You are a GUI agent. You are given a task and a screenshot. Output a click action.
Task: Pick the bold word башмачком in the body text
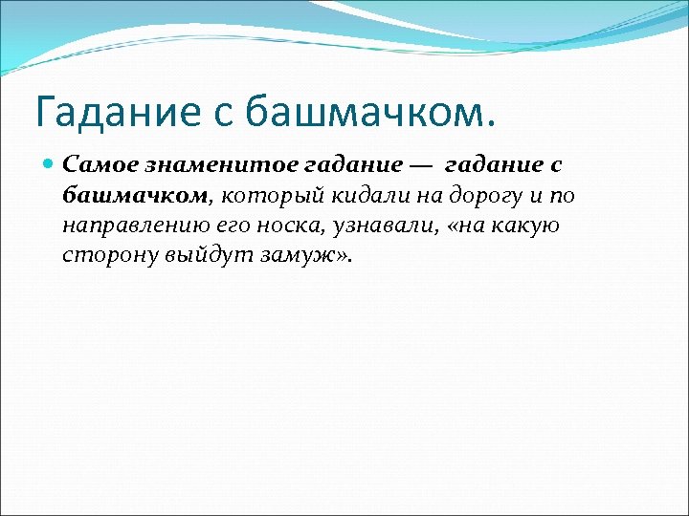tap(134, 196)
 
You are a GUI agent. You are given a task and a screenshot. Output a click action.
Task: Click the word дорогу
tap(479, 196)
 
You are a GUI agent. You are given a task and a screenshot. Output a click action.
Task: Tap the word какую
tap(525, 226)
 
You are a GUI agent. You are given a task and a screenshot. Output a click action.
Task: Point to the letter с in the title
tap(223, 112)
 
